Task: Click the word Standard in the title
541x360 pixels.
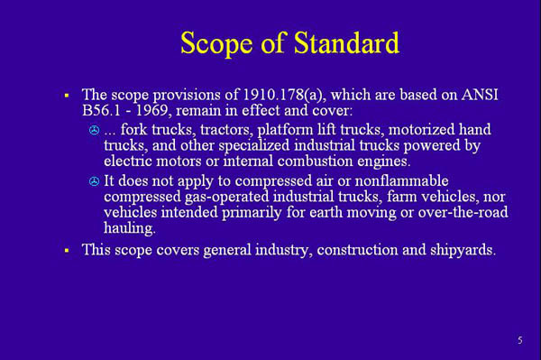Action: [341, 42]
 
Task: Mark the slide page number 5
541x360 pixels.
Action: [519, 340]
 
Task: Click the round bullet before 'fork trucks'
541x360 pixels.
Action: [95, 132]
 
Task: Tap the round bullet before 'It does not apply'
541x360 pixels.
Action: [95, 182]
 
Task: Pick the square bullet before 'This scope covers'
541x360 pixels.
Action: [67, 250]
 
